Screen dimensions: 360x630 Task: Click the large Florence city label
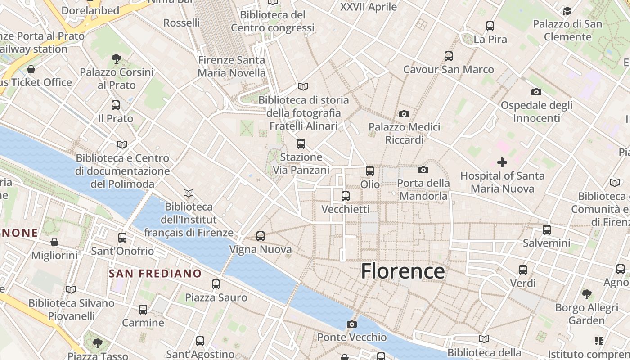[403, 271]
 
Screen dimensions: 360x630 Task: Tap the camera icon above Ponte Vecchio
[352, 324]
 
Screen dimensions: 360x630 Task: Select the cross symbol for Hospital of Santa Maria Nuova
[502, 162]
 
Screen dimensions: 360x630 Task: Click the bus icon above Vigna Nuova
[260, 236]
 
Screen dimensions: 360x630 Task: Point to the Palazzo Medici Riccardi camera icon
[404, 114]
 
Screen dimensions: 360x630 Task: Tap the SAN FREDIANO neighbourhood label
[155, 273]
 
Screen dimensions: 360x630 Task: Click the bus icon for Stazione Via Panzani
[301, 144]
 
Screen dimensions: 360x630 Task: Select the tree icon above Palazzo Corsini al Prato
[117, 58]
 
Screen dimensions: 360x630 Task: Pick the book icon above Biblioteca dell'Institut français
[189, 193]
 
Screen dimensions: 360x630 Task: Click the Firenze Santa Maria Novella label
[232, 66]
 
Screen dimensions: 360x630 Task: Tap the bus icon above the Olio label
[370, 171]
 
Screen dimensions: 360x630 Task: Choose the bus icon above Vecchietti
[346, 196]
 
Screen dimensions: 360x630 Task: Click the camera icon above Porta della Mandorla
[423, 170]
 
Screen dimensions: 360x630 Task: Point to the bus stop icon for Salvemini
[547, 230]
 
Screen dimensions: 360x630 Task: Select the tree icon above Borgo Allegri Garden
[586, 294]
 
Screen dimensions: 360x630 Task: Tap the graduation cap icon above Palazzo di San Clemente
[567, 11]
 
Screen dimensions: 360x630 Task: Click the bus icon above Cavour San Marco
[449, 56]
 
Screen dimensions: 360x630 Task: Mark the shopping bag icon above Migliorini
[54, 242]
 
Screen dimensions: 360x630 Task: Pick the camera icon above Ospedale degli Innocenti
[536, 92]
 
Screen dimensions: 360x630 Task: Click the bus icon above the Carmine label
[143, 310]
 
